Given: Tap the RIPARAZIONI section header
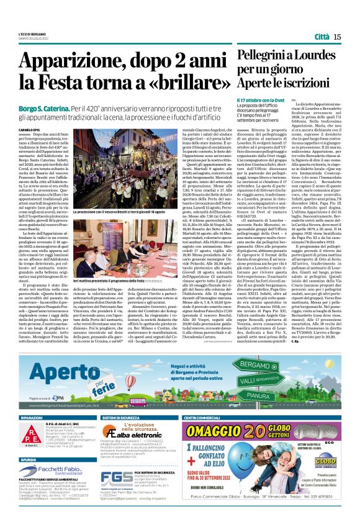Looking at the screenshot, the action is coord(32,419).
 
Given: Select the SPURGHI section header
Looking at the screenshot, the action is coord(29,460).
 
